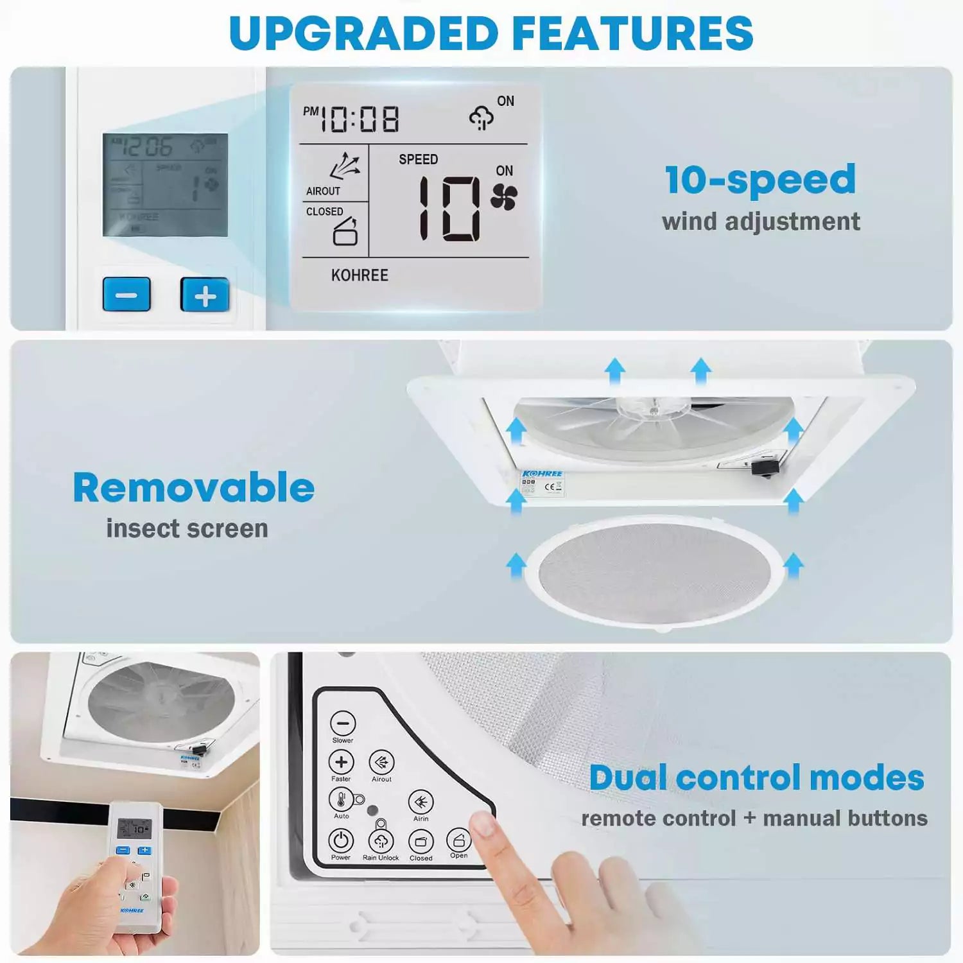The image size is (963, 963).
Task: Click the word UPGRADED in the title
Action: [363, 33]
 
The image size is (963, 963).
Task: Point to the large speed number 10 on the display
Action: [449, 209]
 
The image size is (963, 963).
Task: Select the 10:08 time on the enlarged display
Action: [360, 119]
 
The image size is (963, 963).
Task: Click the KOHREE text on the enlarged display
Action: [360, 275]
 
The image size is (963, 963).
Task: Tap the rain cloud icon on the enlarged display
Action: [481, 118]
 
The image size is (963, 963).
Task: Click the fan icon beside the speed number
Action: [504, 197]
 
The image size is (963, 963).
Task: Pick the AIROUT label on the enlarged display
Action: [323, 191]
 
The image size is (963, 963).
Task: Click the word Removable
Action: [194, 488]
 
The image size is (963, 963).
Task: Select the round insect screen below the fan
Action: [654, 571]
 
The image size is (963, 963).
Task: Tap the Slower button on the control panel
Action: [343, 724]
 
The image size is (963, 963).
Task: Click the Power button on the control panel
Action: [341, 840]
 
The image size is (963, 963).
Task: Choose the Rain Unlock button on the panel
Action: [381, 841]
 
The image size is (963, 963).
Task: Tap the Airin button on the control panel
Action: [421, 802]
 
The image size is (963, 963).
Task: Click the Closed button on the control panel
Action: [421, 841]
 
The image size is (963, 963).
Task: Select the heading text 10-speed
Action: [760, 180]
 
